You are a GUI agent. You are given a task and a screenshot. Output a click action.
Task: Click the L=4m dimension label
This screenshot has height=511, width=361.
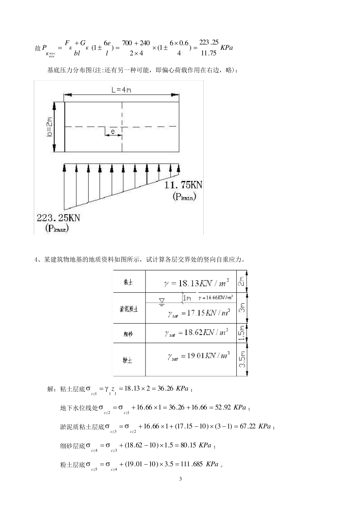pos(121,90)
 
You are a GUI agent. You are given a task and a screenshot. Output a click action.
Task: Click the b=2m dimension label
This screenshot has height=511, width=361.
pos(49,127)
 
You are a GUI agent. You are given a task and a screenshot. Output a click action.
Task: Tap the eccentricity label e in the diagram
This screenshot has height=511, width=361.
pos(113,132)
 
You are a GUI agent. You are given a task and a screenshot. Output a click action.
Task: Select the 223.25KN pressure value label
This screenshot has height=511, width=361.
pos(58,218)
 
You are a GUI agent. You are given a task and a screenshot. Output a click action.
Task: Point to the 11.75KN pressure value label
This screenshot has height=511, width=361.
pos(183,185)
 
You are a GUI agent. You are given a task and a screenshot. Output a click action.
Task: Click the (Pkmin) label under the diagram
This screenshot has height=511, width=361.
pos(185,196)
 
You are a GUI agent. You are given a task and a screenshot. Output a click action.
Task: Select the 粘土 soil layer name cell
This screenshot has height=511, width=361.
pos(128,282)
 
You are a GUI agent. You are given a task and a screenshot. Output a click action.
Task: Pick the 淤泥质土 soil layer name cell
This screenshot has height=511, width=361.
pos(129,309)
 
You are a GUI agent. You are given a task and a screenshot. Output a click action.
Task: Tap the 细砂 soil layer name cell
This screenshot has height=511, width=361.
pos(128,334)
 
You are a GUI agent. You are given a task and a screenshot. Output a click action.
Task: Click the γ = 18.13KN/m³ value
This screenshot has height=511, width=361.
pos(196,283)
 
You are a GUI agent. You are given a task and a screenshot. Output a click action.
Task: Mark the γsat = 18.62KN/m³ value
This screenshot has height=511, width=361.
pos(197,333)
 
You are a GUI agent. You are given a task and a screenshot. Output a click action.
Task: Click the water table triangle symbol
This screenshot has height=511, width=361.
pos(162,302)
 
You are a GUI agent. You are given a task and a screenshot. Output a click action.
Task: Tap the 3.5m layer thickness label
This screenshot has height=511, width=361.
pos(242,359)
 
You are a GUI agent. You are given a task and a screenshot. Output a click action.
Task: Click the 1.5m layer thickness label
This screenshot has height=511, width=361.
pos(242,333)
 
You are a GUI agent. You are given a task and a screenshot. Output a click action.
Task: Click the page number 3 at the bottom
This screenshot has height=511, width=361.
pos(180,479)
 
